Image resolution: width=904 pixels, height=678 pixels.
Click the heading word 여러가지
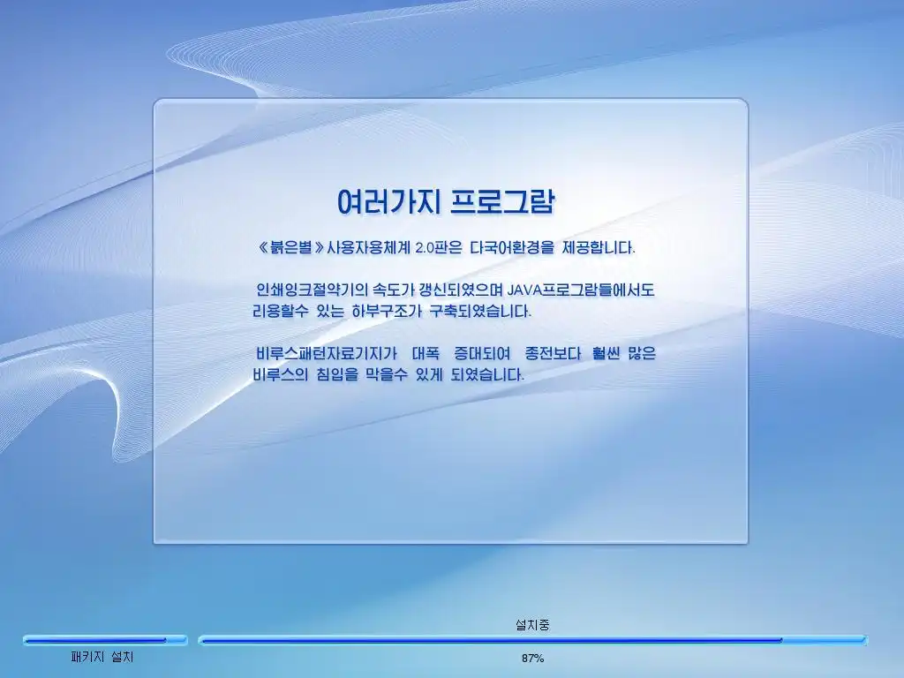[x=388, y=201]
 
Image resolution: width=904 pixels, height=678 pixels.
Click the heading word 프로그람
[x=502, y=201]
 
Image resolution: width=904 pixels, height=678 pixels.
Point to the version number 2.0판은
[x=438, y=248]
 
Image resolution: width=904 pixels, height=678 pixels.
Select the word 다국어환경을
[x=512, y=248]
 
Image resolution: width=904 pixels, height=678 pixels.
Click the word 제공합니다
[x=599, y=248]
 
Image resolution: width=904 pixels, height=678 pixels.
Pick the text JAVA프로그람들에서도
[x=581, y=290]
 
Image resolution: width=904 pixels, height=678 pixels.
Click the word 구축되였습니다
[x=480, y=312]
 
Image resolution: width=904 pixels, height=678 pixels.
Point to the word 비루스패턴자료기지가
[x=327, y=353]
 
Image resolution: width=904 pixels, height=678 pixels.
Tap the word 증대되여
[x=482, y=353]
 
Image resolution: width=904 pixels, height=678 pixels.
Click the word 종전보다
[x=553, y=353]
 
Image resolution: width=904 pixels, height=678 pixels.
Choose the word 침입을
[x=337, y=374]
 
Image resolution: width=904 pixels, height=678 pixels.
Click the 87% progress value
[x=532, y=658]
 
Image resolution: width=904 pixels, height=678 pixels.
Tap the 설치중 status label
[x=532, y=624]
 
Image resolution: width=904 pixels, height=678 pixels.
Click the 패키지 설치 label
[x=102, y=657]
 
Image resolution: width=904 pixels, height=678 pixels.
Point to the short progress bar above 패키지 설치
[x=106, y=640]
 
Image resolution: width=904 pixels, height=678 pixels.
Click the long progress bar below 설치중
[x=532, y=640]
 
